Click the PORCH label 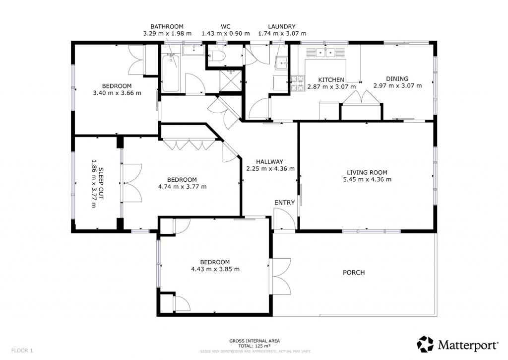[354, 273]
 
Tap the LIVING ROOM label [367, 172]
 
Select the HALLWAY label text [269, 161]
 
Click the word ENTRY [284, 203]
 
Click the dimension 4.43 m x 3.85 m [215, 269]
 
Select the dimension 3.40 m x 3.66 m [117, 93]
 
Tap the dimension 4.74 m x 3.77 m [182, 187]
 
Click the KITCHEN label [331, 80]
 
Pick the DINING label [397, 78]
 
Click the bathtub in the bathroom [171, 73]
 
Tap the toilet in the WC [216, 56]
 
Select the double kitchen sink [325, 52]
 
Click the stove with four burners [298, 83]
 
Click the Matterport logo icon [425, 345]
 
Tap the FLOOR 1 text [22, 351]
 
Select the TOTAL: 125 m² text [254, 346]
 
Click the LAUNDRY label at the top [282, 27]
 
